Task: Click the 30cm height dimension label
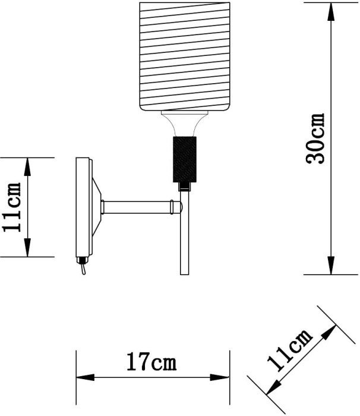point(315,138)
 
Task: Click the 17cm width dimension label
point(151,361)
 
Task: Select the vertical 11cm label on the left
point(11,207)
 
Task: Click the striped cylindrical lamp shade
point(185,56)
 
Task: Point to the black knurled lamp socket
point(185,159)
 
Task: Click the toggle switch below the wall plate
point(83,266)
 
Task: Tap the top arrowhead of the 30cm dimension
point(331,11)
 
